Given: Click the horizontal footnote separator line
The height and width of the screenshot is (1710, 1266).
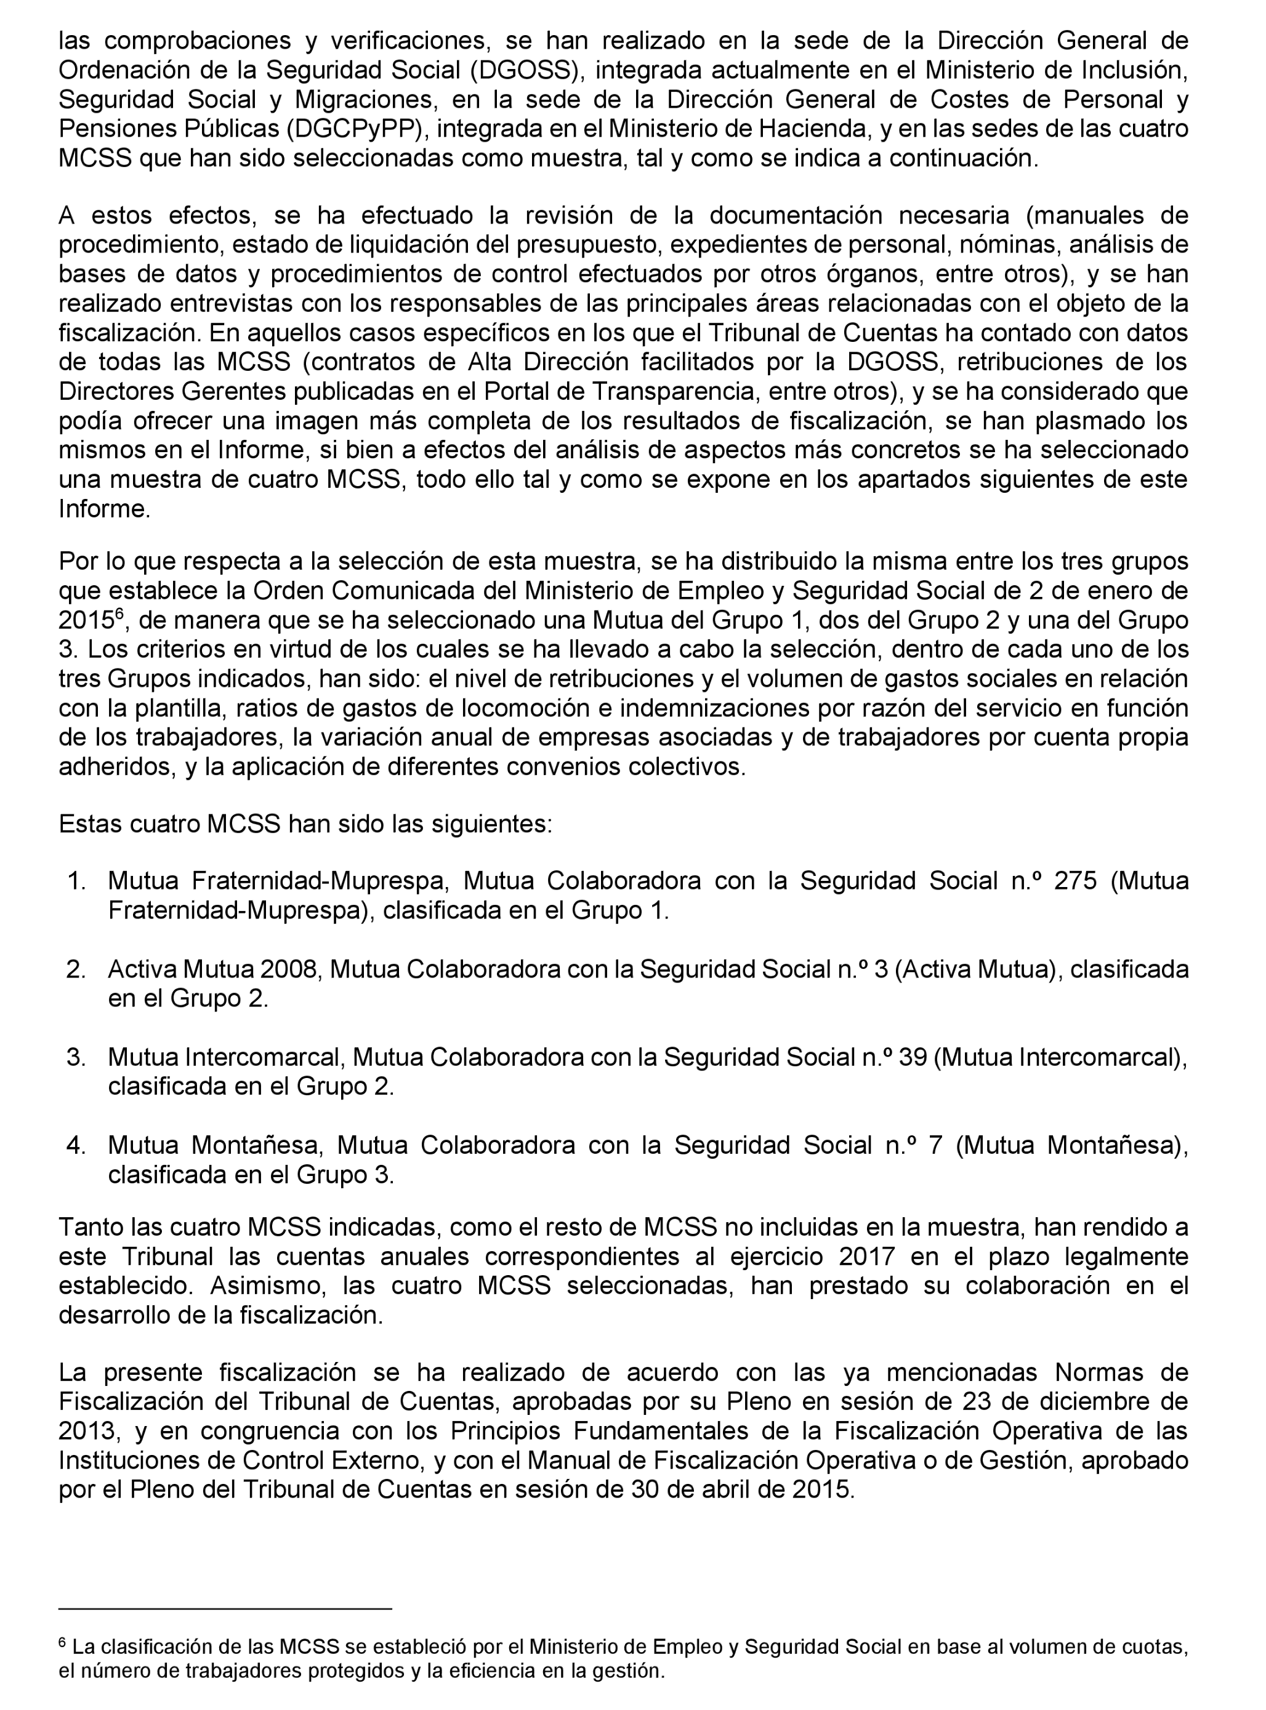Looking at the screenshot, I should (225, 1608).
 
